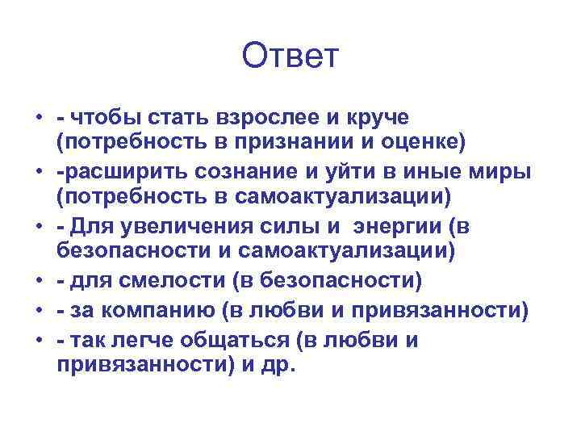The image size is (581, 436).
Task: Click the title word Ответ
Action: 290,57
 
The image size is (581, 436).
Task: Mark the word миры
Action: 482,172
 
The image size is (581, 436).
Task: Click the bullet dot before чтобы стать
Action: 38,118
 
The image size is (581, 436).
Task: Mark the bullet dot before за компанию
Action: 38,309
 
